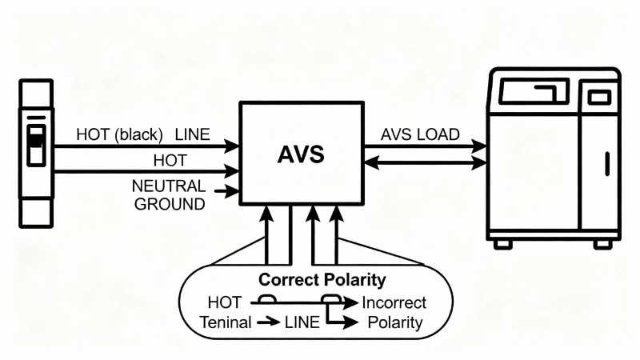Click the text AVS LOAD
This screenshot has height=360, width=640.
[x=419, y=134]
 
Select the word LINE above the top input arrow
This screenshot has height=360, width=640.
[x=192, y=134]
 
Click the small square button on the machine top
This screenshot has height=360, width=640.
[x=599, y=97]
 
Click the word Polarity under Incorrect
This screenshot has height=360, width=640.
[x=394, y=322]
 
